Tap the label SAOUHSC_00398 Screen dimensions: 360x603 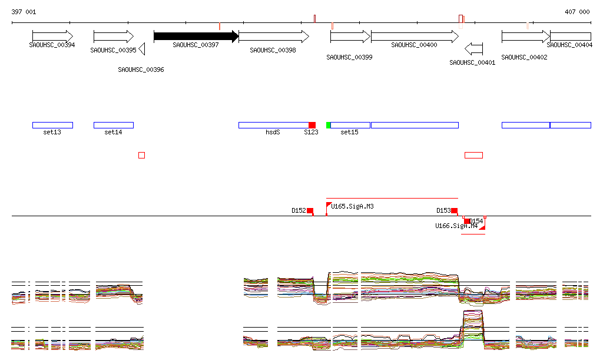[x=273, y=51]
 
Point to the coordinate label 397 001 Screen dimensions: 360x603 [x=24, y=12]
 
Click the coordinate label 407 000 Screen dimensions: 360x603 [x=577, y=12]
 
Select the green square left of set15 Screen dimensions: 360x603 [x=329, y=125]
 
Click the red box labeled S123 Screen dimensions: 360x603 [x=312, y=125]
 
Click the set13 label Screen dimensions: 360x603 [x=52, y=133]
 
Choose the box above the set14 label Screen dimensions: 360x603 [x=114, y=125]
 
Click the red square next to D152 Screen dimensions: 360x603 [x=310, y=210]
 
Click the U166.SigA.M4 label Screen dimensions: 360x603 [x=456, y=226]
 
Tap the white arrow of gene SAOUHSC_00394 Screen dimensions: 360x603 [x=52, y=37]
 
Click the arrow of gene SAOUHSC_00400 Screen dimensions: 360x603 [x=415, y=37]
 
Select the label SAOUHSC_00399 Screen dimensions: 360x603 [x=349, y=58]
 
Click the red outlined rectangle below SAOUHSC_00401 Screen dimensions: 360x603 [x=473, y=155]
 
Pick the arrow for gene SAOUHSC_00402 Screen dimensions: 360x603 [x=525, y=37]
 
